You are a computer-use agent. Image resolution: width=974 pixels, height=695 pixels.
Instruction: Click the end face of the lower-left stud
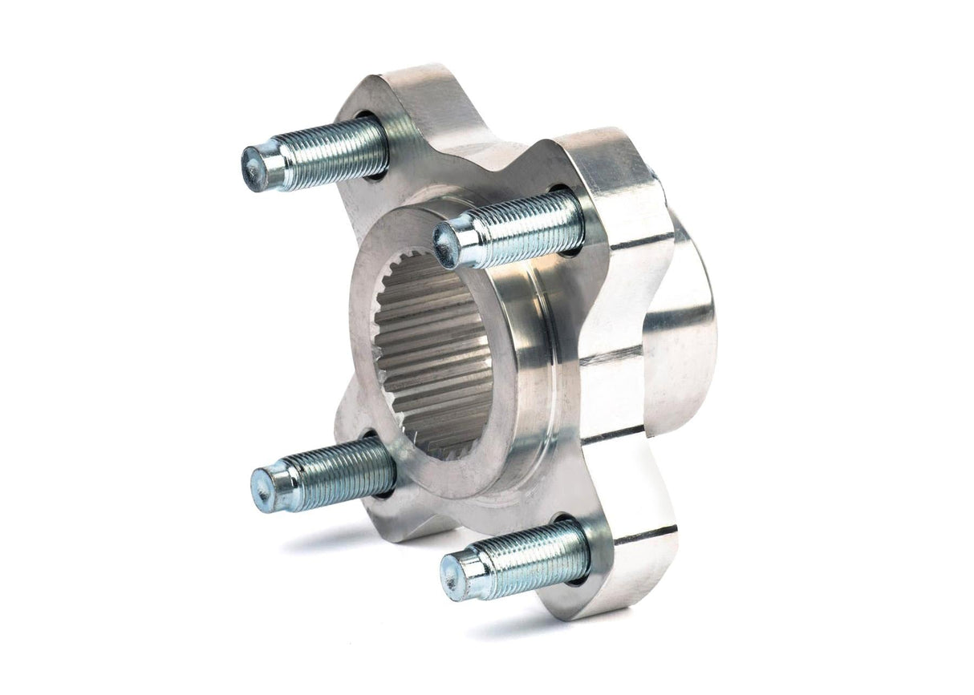[264, 488]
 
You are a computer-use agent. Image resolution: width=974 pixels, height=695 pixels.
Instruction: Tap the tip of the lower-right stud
[454, 575]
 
